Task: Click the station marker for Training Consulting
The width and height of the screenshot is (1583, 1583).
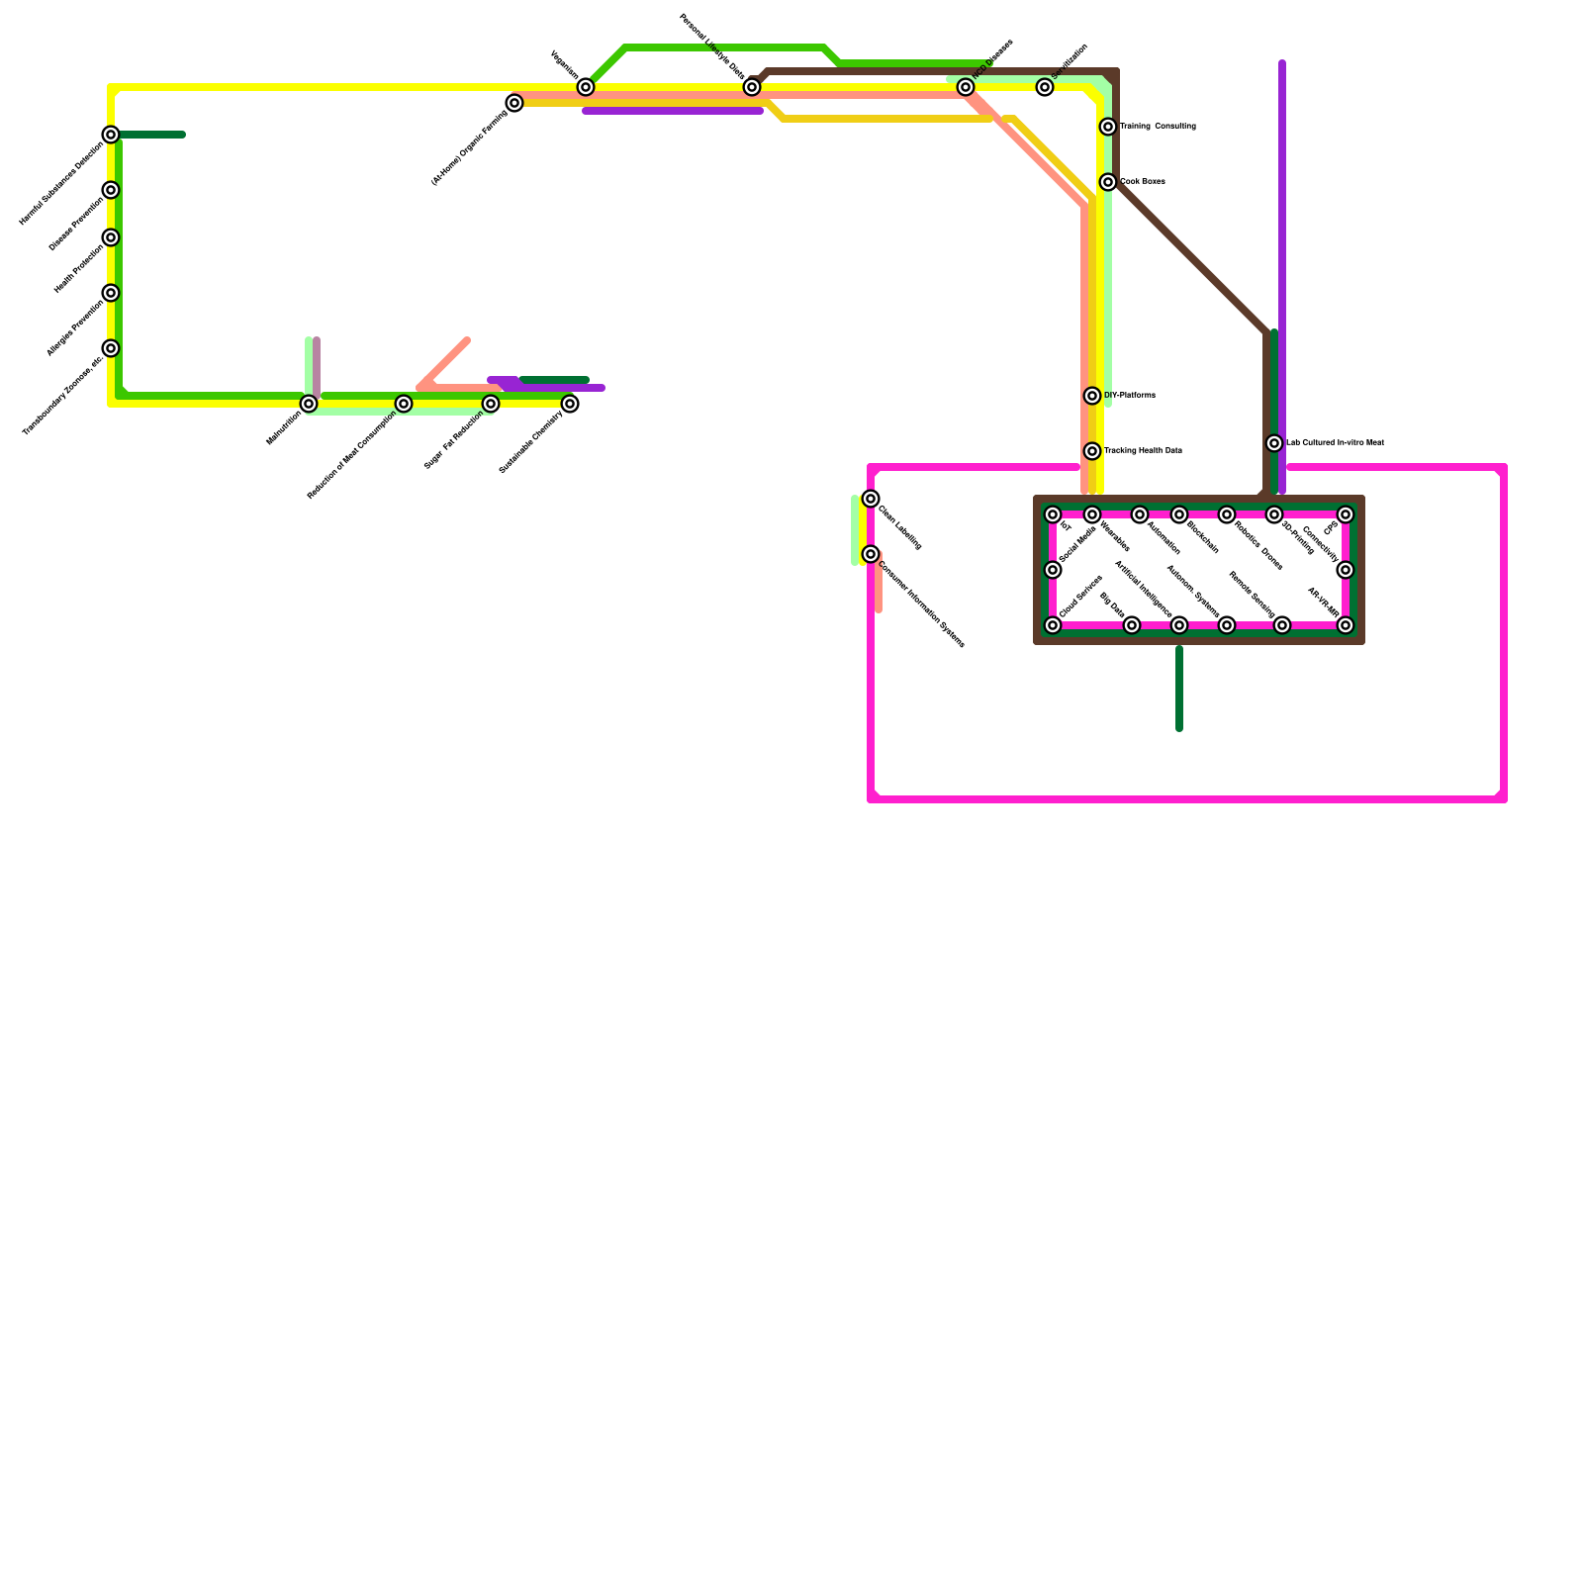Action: (1108, 127)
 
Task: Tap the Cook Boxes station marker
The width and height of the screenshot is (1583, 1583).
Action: (1108, 182)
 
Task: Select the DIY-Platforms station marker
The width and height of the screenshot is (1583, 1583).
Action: (1092, 396)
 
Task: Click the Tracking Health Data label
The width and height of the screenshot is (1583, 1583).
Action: (1143, 451)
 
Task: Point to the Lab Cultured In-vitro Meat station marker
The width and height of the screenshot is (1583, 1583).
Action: (1274, 443)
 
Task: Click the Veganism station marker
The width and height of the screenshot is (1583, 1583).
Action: (586, 87)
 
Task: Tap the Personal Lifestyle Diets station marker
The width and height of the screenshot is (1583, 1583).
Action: (752, 87)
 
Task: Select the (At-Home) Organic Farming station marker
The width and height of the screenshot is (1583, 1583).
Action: (514, 103)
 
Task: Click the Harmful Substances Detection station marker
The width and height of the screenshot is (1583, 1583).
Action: (111, 135)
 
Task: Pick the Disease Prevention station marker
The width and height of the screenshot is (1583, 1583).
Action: (111, 190)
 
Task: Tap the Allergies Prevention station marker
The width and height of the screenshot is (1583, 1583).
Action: (111, 293)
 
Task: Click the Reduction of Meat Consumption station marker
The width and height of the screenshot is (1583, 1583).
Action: (404, 404)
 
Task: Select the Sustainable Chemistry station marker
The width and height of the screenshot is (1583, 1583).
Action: (570, 404)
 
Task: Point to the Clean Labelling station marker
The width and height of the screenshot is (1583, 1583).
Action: (871, 499)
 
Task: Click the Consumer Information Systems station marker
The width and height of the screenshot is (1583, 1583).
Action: (871, 554)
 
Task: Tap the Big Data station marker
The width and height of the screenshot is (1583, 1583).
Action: (1132, 625)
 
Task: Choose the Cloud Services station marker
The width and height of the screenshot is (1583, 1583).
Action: (1053, 625)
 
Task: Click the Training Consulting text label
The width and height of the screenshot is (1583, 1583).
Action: (1158, 127)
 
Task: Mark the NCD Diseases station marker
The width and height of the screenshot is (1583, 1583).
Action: (966, 87)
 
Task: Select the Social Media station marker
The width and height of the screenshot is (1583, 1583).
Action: (1053, 570)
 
